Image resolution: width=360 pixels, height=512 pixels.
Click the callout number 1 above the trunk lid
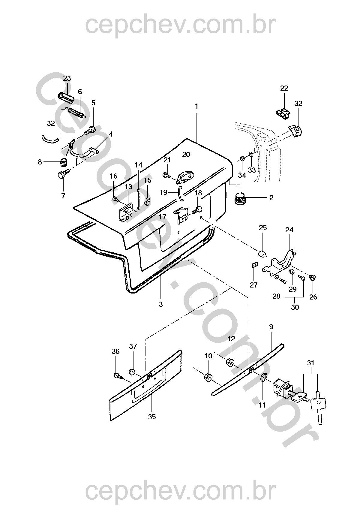pyautogui.click(x=196, y=107)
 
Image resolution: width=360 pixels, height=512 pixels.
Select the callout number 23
pyautogui.click(x=67, y=78)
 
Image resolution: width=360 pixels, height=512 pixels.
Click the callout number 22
pyautogui.click(x=284, y=88)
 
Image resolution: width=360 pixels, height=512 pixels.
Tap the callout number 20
pyautogui.click(x=186, y=155)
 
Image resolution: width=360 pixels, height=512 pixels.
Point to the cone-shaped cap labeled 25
pyautogui.click(x=262, y=254)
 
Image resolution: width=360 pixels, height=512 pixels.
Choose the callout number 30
pyautogui.click(x=295, y=307)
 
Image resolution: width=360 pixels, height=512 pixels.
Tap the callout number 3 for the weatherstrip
pyautogui.click(x=161, y=304)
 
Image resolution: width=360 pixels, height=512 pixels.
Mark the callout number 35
pyautogui.click(x=152, y=417)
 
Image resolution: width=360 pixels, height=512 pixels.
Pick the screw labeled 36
pyautogui.click(x=118, y=375)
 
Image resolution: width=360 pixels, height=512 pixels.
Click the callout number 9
pyautogui.click(x=271, y=327)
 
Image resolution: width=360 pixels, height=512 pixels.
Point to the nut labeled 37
pyautogui.click(x=132, y=372)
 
